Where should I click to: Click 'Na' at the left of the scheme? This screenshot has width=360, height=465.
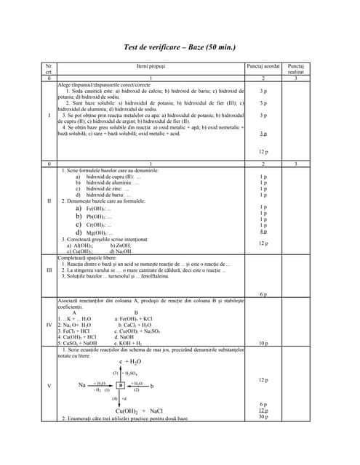82,385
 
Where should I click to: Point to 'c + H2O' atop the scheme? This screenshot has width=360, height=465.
130,361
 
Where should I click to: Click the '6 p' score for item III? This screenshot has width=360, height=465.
263,294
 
